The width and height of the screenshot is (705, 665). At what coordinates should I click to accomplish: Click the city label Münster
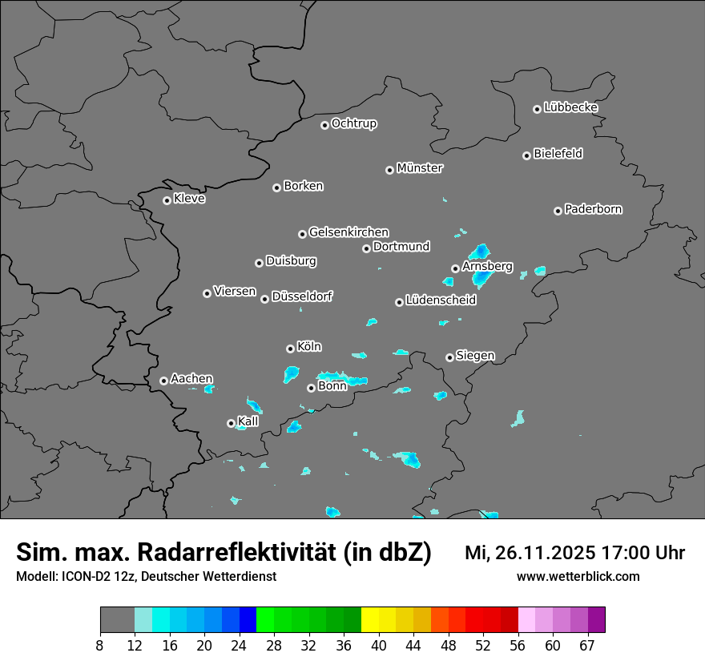point(420,168)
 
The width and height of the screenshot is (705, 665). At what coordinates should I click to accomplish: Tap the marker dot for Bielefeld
point(527,155)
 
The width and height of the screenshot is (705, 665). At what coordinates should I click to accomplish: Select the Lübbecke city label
point(570,107)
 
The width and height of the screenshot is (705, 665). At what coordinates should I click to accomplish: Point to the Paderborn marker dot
point(558,211)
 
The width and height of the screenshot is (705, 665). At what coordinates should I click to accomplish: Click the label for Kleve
point(189,199)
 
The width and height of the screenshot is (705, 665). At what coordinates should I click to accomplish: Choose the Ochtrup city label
point(353,123)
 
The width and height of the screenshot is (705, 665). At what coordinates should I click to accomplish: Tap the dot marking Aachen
point(163,381)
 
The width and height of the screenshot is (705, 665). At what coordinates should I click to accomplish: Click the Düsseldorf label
point(302,296)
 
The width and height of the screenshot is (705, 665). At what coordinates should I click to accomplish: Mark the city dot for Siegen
point(449,357)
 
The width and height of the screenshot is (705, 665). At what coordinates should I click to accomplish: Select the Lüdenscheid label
point(441,300)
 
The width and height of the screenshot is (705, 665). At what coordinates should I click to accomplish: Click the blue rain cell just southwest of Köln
point(291,373)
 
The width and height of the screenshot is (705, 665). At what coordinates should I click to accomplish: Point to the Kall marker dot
point(231,423)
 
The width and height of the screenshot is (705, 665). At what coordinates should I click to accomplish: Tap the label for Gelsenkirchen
point(348,232)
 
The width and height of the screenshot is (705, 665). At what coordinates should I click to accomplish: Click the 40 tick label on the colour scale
point(379,646)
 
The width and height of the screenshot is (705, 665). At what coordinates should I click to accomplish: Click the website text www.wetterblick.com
point(578,577)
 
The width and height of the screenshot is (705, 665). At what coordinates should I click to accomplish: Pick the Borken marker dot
point(277,187)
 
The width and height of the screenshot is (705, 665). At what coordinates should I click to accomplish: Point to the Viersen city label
point(234,292)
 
